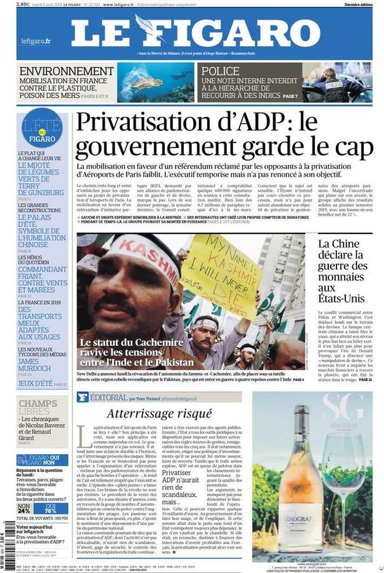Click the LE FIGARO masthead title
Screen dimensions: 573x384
point(195,32)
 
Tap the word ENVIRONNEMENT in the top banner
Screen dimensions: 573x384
point(66,71)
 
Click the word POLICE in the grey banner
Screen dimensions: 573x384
point(221,71)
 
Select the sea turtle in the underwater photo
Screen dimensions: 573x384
point(149,83)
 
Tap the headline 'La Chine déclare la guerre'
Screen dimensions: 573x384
point(343,271)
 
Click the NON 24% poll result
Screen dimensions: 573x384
point(24,508)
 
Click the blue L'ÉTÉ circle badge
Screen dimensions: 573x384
point(42,129)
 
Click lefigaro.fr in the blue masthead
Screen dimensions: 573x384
point(35,41)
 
